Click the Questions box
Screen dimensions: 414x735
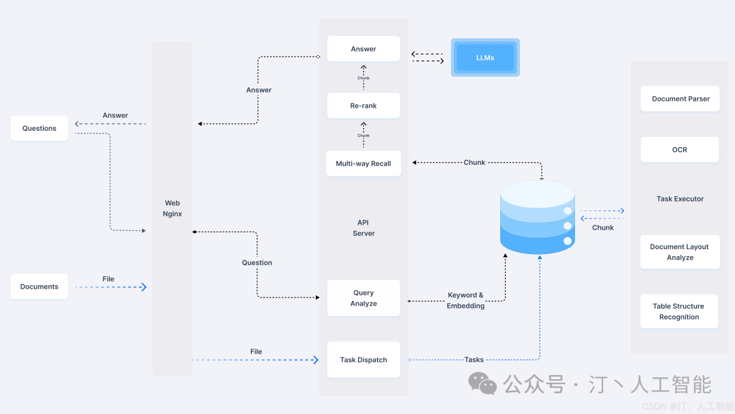click(39, 128)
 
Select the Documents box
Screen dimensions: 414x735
click(39, 287)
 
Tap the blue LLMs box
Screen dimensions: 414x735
click(485, 58)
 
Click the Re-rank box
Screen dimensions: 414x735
click(363, 106)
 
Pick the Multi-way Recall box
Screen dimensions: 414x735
click(363, 163)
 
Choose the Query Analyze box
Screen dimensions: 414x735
click(363, 298)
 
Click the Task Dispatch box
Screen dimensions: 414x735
click(363, 360)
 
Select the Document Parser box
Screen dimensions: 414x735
click(680, 99)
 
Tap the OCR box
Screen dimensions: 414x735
click(680, 150)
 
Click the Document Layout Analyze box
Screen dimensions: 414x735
click(680, 252)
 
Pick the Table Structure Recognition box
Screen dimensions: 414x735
click(680, 311)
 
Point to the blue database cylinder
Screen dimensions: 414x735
click(538, 217)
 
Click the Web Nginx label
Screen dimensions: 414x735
click(172, 208)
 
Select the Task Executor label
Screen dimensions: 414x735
click(680, 199)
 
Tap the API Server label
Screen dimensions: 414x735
click(363, 228)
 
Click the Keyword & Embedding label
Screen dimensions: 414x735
click(465, 300)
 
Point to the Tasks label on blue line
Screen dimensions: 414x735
click(474, 360)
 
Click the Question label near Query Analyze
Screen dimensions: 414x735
click(257, 263)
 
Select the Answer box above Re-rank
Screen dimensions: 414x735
click(363, 49)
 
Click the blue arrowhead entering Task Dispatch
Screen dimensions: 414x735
click(315, 360)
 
